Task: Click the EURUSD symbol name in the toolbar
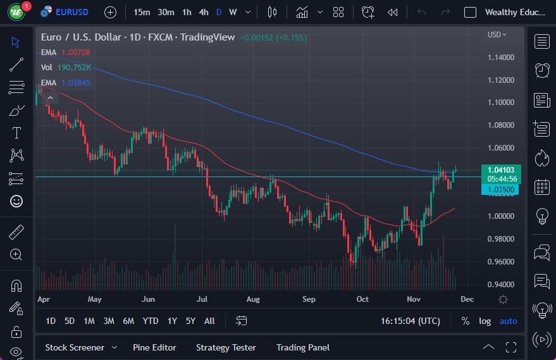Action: (71, 12)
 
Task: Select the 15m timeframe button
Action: (142, 12)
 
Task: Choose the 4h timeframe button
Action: (203, 12)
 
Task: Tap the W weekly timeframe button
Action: (233, 12)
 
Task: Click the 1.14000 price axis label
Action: (500, 58)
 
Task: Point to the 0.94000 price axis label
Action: (500, 285)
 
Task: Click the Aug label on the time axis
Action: (252, 299)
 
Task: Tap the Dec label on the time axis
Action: (467, 299)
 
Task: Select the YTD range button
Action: (151, 321)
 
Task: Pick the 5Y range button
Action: (190, 321)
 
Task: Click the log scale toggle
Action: (485, 321)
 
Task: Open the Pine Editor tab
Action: (154, 347)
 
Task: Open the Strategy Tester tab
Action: (226, 347)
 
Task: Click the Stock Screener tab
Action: (75, 347)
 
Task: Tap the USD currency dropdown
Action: (497, 35)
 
